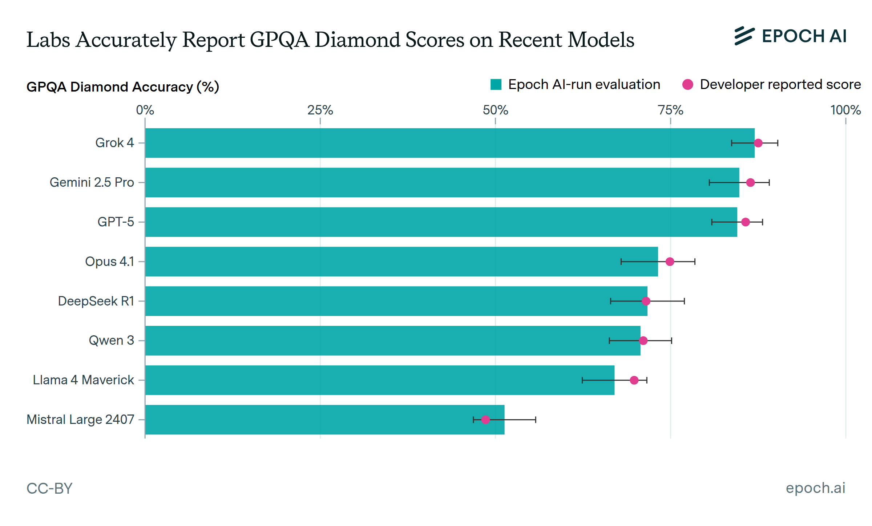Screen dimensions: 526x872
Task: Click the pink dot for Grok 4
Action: coord(758,143)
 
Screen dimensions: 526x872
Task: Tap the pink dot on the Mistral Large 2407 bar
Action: coord(485,420)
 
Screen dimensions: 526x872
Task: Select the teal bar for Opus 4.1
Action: coord(400,262)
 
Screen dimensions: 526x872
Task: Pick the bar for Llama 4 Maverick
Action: coord(378,380)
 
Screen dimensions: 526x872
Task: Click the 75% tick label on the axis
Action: coord(671,110)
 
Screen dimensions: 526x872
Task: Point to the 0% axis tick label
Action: coord(145,110)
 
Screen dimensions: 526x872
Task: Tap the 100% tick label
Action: coord(845,110)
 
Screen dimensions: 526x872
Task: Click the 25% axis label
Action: coord(320,110)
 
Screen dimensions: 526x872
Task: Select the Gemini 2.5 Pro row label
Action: coord(92,182)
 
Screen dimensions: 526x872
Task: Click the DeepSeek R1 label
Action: coord(96,301)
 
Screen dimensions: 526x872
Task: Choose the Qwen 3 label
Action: coord(112,341)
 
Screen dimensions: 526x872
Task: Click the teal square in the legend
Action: coord(496,85)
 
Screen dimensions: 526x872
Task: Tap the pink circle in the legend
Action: coord(688,85)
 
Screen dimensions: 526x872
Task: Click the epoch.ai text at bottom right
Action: coord(815,488)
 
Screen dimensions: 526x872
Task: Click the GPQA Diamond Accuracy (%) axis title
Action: coord(123,87)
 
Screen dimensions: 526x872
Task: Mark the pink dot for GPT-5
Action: coord(746,222)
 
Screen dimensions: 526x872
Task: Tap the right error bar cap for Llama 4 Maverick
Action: coord(647,380)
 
